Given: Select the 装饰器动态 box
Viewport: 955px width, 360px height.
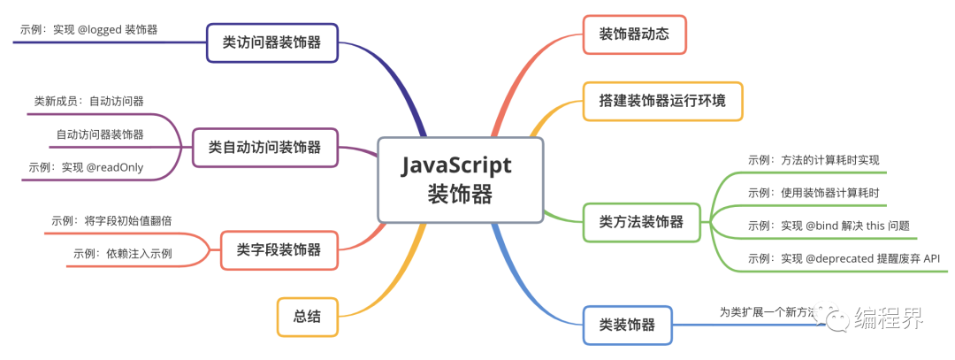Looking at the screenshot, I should (x=635, y=34).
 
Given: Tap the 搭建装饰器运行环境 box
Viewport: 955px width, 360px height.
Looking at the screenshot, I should (x=662, y=101).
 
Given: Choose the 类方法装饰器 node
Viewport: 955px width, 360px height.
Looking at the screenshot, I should (x=641, y=221).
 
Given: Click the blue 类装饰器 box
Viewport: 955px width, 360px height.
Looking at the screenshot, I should (x=627, y=325).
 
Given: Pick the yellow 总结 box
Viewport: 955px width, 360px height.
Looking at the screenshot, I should (x=307, y=316).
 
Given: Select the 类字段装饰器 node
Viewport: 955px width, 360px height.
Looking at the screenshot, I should (x=279, y=249).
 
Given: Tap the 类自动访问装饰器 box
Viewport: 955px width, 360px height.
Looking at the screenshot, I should (x=265, y=147).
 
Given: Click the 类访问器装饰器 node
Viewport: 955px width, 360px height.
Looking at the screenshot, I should (x=272, y=41).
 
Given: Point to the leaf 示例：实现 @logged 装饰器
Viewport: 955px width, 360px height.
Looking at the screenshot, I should (x=88, y=29).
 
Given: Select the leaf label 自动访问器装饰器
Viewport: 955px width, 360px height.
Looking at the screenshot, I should (x=100, y=134).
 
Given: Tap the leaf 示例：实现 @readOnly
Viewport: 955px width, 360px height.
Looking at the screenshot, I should (x=86, y=167).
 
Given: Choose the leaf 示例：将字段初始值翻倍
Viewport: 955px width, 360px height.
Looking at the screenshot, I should (x=111, y=220).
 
